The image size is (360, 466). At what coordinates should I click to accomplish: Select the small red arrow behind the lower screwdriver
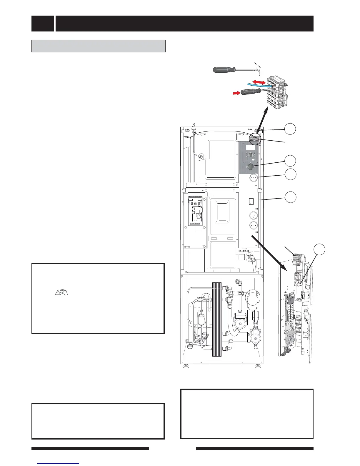click(x=236, y=93)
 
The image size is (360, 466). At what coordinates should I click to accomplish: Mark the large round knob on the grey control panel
click(x=250, y=167)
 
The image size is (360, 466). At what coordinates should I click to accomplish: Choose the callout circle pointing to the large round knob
click(x=290, y=161)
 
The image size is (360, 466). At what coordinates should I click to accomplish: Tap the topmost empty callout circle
click(x=290, y=129)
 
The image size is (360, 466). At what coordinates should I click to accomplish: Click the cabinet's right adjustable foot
click(x=257, y=367)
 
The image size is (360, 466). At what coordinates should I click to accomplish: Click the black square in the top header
click(x=43, y=24)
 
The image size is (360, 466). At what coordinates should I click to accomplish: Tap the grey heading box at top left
click(x=99, y=46)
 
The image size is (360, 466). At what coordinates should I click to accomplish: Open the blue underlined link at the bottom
click(x=59, y=464)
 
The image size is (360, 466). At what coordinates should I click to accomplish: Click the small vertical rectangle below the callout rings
click(x=251, y=201)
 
